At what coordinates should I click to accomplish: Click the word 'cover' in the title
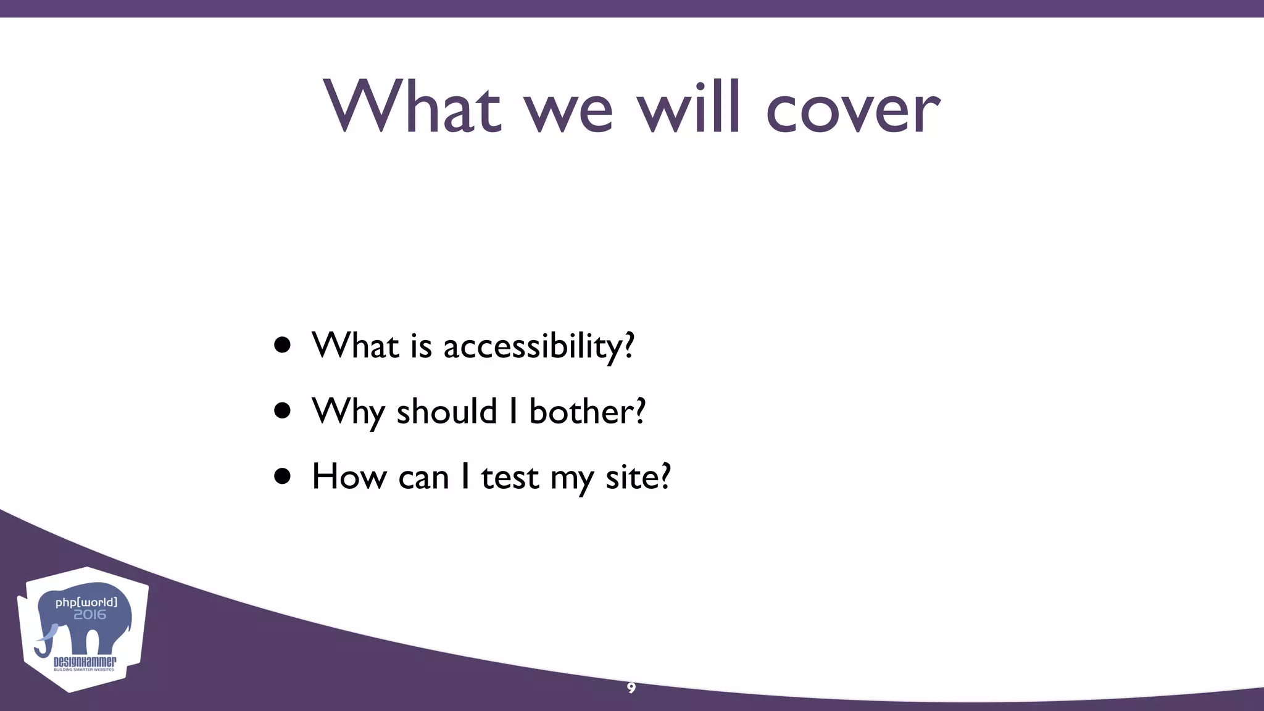point(853,110)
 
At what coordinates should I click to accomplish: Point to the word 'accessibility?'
point(539,346)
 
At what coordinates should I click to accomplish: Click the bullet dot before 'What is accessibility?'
point(283,346)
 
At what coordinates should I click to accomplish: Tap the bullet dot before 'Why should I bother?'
point(283,412)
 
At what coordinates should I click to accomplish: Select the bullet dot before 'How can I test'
point(283,477)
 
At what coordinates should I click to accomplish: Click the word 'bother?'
point(587,412)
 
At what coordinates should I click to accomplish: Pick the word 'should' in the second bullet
point(446,412)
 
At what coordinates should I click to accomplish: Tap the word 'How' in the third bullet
point(349,477)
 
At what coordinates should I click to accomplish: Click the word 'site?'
point(638,477)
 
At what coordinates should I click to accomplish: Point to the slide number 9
point(631,688)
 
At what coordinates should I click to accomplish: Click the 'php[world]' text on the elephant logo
point(86,602)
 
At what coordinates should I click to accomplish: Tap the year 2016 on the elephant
point(89,615)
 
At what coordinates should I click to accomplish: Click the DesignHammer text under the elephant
point(85,662)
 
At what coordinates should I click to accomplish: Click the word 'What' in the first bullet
point(355,346)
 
